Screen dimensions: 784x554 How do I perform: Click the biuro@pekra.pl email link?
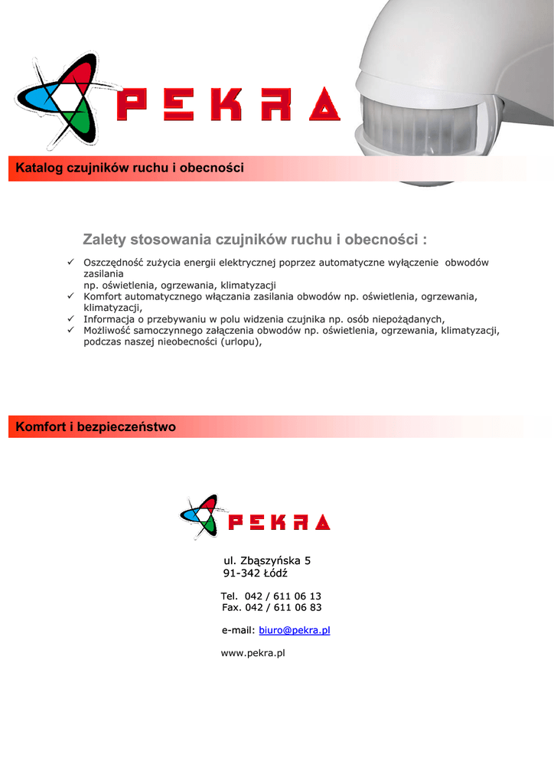(295, 630)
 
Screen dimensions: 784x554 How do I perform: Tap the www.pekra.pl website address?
(253, 653)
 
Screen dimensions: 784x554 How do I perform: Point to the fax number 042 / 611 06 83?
(283, 607)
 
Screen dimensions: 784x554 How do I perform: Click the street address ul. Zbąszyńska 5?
(266, 560)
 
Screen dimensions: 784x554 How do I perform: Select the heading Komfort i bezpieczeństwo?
(96, 426)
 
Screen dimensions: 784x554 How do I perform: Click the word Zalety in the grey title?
(104, 240)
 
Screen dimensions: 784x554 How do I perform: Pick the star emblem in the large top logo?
(64, 100)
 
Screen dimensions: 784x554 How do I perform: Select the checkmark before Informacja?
(69, 318)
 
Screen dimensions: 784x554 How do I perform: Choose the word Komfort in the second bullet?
(102, 296)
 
